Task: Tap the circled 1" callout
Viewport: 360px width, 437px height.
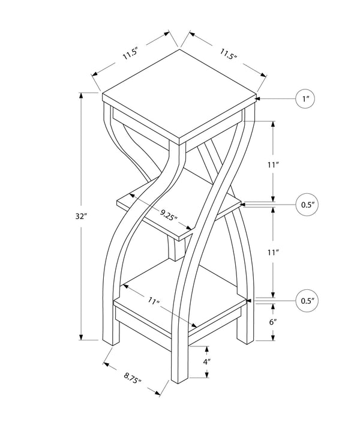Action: (305, 98)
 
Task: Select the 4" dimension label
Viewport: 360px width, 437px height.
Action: (206, 363)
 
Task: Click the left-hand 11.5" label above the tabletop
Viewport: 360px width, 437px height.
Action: (131, 54)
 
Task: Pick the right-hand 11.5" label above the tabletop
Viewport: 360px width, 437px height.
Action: (229, 54)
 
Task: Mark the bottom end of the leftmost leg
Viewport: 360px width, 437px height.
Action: (110, 343)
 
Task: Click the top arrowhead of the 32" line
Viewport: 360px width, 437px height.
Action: (82, 95)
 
